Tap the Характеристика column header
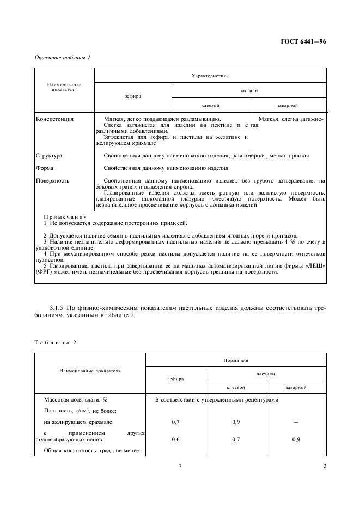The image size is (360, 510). (x=210, y=76)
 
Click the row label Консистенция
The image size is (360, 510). (x=54, y=118)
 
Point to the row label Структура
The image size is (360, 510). (x=48, y=155)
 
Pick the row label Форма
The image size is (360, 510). (x=45, y=168)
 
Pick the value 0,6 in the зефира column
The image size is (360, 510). (x=176, y=439)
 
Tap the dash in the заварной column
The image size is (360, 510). (x=296, y=422)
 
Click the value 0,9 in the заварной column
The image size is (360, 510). (x=296, y=439)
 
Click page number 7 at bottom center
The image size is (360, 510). (x=180, y=466)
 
